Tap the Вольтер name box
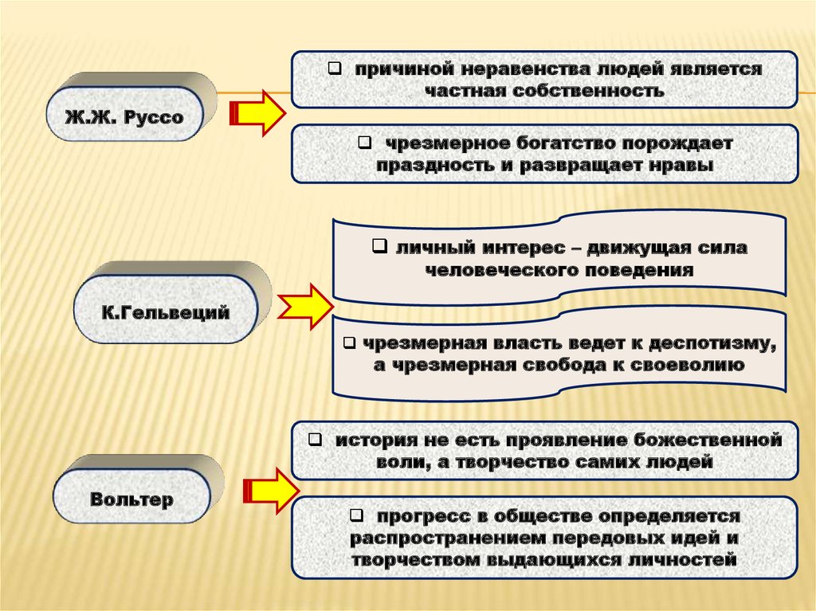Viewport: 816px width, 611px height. (131, 501)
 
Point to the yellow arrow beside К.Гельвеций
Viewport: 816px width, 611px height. (306, 307)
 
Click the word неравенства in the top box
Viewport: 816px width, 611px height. (502, 69)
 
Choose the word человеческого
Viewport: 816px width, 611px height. (506, 269)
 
